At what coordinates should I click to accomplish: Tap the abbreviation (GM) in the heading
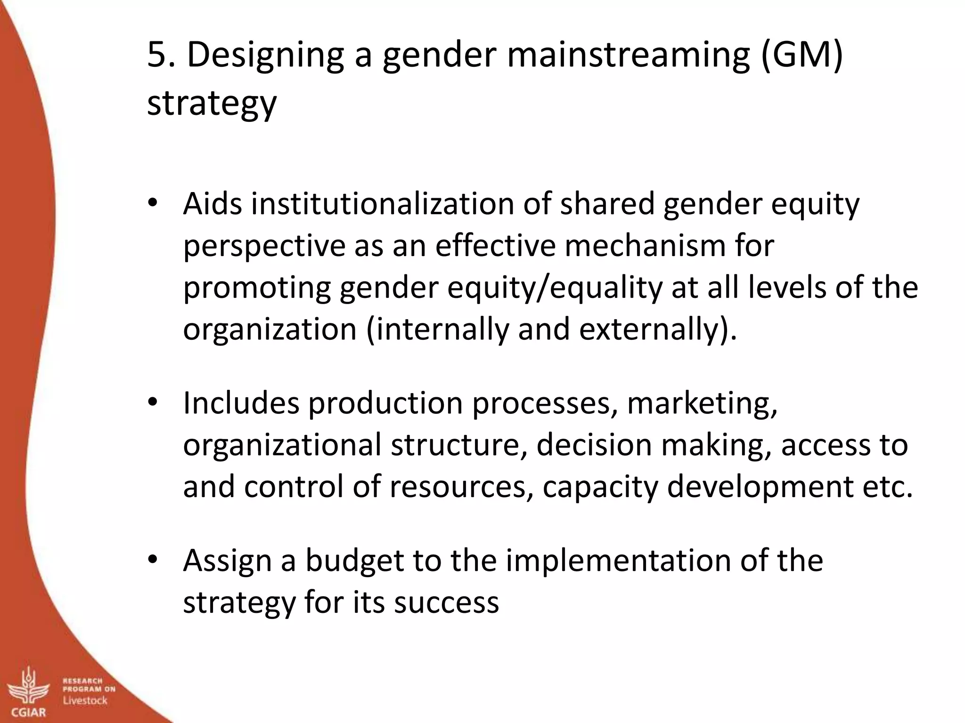(x=801, y=56)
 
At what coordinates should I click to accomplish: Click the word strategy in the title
(x=212, y=104)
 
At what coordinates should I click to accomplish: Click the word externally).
(x=658, y=329)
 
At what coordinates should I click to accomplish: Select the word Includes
(x=241, y=403)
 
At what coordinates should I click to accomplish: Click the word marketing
(x=702, y=403)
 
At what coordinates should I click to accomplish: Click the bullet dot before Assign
(x=152, y=560)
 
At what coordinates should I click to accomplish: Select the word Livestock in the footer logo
(x=85, y=700)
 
